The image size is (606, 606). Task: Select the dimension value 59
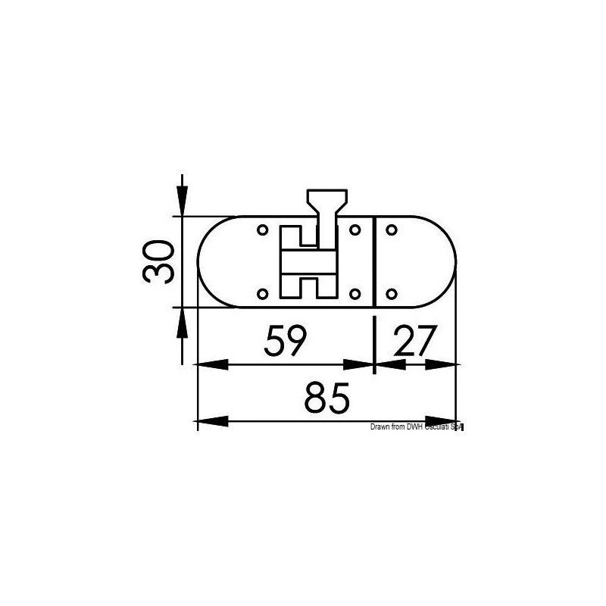(x=285, y=342)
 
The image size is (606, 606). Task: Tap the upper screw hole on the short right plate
(x=392, y=229)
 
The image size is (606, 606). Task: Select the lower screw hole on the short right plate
(x=392, y=294)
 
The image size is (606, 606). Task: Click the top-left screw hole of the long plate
(x=262, y=229)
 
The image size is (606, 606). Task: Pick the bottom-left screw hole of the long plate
(x=262, y=294)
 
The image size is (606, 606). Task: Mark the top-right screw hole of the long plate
(x=355, y=229)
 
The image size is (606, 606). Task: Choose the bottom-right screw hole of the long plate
(x=355, y=294)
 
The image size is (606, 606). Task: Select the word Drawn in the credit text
(x=380, y=428)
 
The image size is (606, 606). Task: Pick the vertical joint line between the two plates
(x=376, y=261)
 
